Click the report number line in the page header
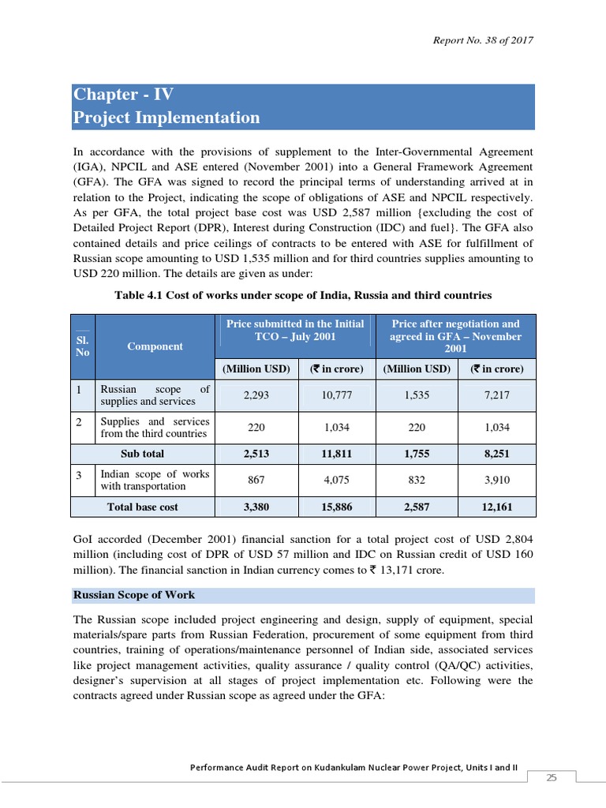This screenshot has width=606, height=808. click(x=483, y=40)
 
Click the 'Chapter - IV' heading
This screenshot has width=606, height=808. click(x=123, y=95)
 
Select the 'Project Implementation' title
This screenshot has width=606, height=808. click(x=166, y=118)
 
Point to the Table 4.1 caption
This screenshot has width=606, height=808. click(x=303, y=295)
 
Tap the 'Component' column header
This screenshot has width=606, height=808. click(x=155, y=346)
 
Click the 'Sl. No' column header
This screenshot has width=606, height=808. click(x=82, y=346)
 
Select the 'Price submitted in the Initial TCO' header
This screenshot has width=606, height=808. click(x=295, y=330)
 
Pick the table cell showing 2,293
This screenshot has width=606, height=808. click(x=256, y=395)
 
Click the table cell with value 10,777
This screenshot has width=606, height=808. click(x=337, y=395)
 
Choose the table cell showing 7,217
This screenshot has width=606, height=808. click(x=496, y=395)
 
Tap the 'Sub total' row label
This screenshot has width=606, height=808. click(x=142, y=454)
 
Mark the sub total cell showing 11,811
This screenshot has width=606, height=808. click(x=337, y=454)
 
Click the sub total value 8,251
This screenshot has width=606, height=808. click(x=496, y=454)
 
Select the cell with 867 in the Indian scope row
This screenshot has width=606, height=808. click(x=256, y=480)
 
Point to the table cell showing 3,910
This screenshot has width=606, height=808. click(x=496, y=480)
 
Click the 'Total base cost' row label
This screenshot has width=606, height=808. click(x=142, y=507)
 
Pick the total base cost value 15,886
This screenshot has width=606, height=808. click(x=337, y=507)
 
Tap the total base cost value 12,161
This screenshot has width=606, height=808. click(x=496, y=507)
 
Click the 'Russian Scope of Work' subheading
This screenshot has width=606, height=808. click(x=134, y=595)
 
